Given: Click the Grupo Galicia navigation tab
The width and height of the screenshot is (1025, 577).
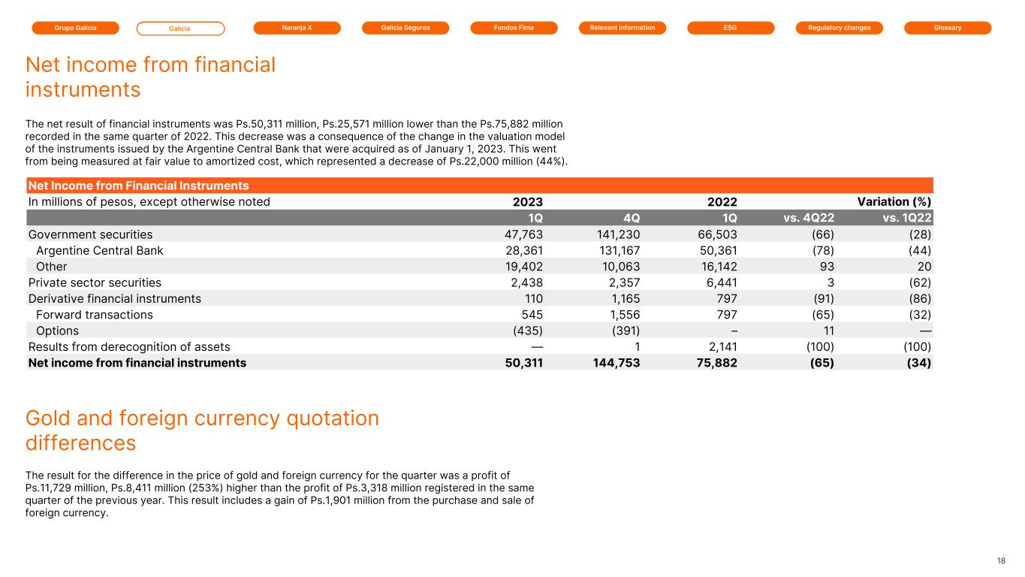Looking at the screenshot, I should click(75, 28).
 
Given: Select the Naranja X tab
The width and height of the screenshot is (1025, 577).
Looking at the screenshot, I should click(297, 28).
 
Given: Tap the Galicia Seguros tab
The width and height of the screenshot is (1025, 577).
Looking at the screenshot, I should click(405, 28).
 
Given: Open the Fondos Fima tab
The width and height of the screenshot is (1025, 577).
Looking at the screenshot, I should click(514, 28).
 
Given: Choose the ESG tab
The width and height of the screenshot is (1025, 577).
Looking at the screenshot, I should click(731, 28).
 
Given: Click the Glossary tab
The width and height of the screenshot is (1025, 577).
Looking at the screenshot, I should click(948, 28).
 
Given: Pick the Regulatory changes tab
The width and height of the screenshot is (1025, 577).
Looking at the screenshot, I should click(839, 28).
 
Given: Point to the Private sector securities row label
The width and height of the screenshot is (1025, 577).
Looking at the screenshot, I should click(95, 282).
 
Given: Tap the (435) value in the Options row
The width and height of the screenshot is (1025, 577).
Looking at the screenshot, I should click(526, 331).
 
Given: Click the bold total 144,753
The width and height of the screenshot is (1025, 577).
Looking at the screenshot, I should click(613, 363).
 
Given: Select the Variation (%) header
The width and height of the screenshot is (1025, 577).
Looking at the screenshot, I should click(894, 201).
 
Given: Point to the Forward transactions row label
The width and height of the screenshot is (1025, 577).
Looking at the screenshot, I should click(94, 315).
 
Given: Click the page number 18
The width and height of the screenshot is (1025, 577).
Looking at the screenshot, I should click(1001, 560).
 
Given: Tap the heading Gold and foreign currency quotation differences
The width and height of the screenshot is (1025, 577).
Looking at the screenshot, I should click(202, 430).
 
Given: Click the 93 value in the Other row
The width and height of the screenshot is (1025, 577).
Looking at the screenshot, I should click(826, 267).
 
